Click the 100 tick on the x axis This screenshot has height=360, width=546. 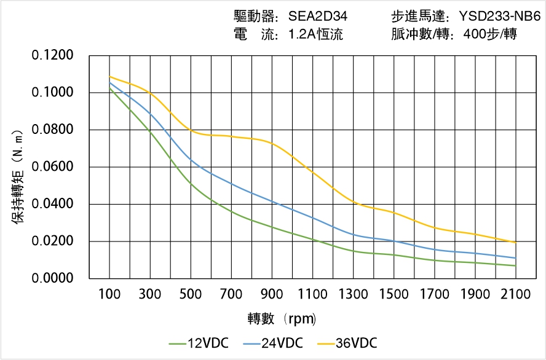pyautogui.click(x=109, y=294)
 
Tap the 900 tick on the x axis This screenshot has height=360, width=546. pyautogui.click(x=272, y=294)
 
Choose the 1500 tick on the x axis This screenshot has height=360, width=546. pyautogui.click(x=394, y=294)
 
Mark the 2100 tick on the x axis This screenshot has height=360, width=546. pyautogui.click(x=515, y=294)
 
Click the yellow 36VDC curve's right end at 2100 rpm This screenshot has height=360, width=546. pyautogui.click(x=515, y=242)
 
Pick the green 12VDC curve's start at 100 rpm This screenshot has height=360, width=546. pyautogui.click(x=110, y=88)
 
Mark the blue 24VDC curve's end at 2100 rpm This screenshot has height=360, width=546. pyautogui.click(x=515, y=258)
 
